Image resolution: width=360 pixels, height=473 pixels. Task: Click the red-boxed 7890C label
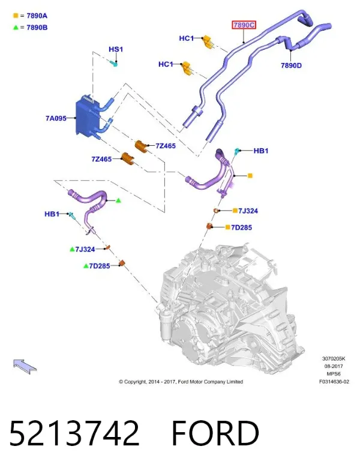(x=244, y=25)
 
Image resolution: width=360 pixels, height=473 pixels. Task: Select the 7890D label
(x=291, y=65)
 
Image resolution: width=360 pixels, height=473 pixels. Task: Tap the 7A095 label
(x=56, y=118)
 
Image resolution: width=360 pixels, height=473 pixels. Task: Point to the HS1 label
(x=116, y=49)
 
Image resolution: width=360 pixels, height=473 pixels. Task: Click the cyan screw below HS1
(x=113, y=64)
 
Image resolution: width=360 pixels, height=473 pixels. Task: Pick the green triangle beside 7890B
(x=16, y=28)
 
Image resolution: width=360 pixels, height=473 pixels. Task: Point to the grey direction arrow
(x=25, y=366)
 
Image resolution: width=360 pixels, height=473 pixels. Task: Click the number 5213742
(x=74, y=433)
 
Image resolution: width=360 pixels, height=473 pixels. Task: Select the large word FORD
(x=215, y=433)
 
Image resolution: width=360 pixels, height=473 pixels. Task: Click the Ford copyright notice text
(x=181, y=382)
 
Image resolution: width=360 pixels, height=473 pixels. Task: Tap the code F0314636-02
(x=334, y=382)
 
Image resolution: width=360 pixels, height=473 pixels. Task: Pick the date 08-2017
(x=334, y=366)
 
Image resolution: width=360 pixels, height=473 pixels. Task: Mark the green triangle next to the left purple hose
(x=118, y=200)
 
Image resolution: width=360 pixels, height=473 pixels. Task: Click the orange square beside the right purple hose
(x=250, y=175)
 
